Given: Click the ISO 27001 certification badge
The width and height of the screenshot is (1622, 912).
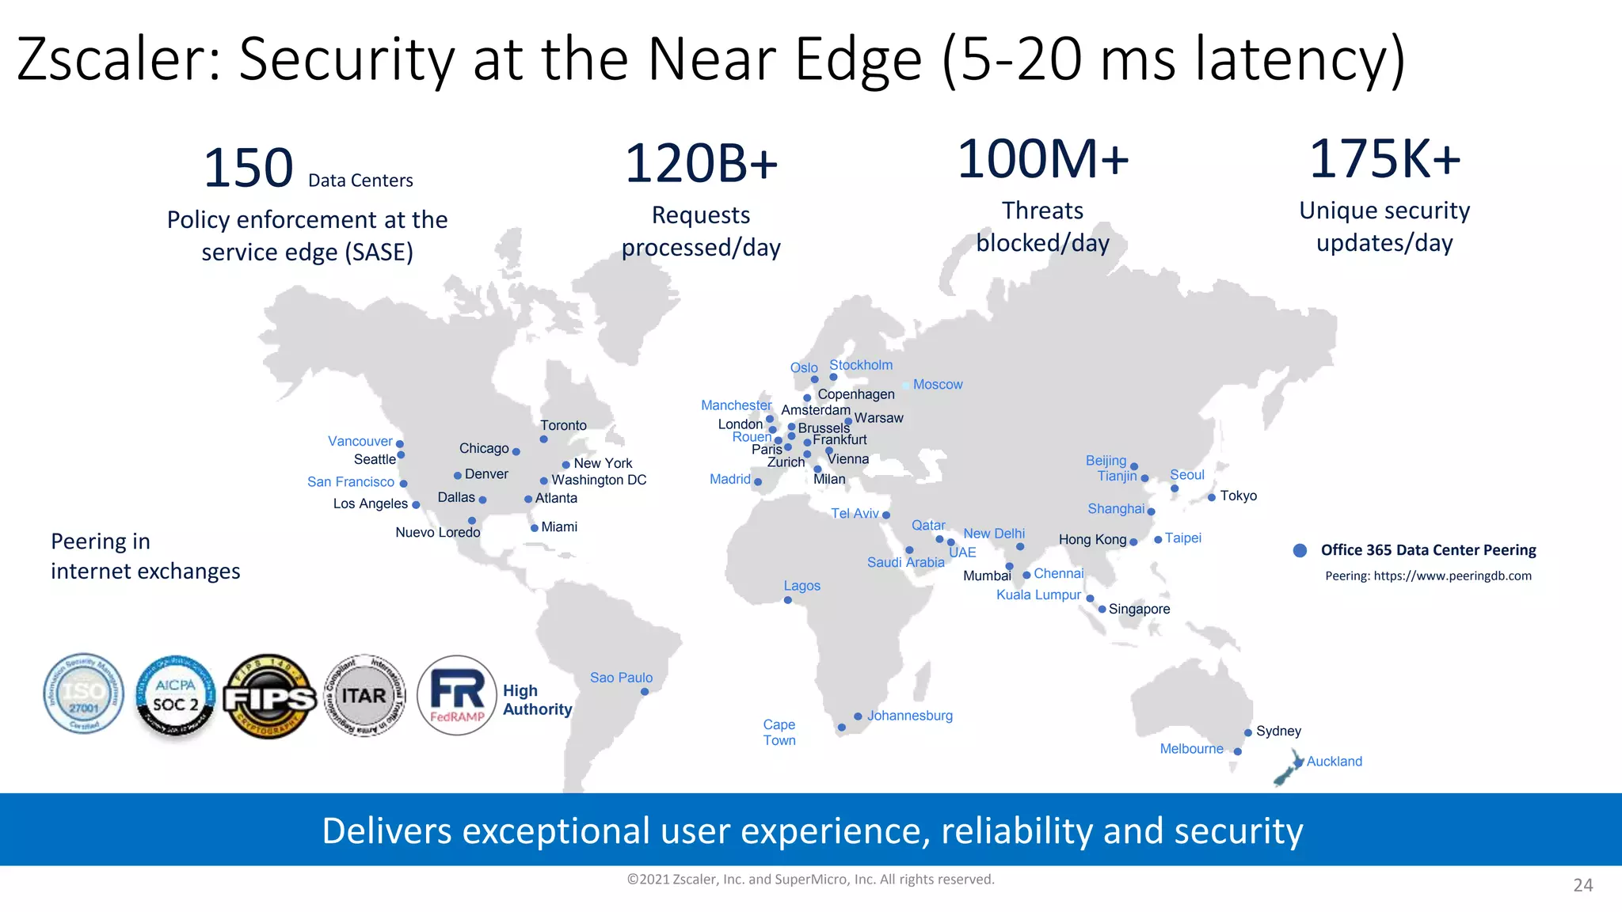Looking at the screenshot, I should coord(84,694).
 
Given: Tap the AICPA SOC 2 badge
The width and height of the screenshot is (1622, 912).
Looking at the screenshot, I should coord(175,696).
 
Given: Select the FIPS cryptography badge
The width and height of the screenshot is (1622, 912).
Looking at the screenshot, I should coord(269,697).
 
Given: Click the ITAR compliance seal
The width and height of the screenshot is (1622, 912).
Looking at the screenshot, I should coord(364,696).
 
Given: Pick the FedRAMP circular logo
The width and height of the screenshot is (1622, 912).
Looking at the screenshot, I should coord(457,695).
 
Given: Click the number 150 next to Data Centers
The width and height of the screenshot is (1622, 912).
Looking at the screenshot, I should coord(248,169).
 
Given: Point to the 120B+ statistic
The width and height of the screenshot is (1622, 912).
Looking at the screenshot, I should coord(701,164).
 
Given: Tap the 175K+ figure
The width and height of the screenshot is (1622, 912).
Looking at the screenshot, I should coord(1384,159).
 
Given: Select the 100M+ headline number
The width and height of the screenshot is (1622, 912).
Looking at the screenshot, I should coord(1043,159).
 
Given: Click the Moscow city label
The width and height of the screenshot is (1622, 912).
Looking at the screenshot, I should coord(937,385).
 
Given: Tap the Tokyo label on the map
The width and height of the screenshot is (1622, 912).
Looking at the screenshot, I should coord(1238,496).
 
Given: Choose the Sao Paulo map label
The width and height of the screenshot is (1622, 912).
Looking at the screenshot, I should coord(621,678).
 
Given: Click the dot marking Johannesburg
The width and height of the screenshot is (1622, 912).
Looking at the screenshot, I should coord(858,716).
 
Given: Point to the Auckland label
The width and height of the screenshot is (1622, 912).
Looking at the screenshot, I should coord(1334,762).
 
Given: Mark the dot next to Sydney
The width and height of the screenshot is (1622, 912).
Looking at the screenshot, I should coord(1248,733).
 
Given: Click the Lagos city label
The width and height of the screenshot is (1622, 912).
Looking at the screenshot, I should coord(801,586).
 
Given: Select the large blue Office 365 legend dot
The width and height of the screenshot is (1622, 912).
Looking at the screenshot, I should coord(1300,550).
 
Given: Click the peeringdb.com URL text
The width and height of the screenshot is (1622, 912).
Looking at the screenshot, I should coord(1452,576).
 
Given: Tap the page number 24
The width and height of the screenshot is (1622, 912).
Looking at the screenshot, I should coord(1582,885).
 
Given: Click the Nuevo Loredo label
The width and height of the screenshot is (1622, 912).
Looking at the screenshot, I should coord(437,533).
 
